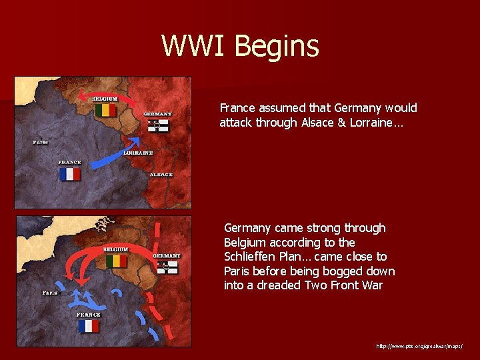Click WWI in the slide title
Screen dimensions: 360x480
[x=194, y=47]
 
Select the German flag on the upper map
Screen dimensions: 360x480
[x=158, y=125]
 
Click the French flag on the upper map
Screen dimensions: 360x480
[x=69, y=174]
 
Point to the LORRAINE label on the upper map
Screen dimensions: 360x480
[x=138, y=153]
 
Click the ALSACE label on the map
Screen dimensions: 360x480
[x=161, y=175]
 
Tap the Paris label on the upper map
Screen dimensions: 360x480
[x=41, y=142]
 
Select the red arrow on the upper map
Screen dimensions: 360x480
[x=107, y=95]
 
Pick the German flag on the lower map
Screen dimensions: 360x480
[x=167, y=267]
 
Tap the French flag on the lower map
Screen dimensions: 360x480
[x=88, y=326]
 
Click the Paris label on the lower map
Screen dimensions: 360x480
[x=49, y=293]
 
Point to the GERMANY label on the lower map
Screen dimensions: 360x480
[x=167, y=256]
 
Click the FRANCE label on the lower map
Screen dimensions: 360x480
[x=88, y=315]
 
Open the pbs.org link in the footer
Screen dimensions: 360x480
[x=419, y=347]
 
